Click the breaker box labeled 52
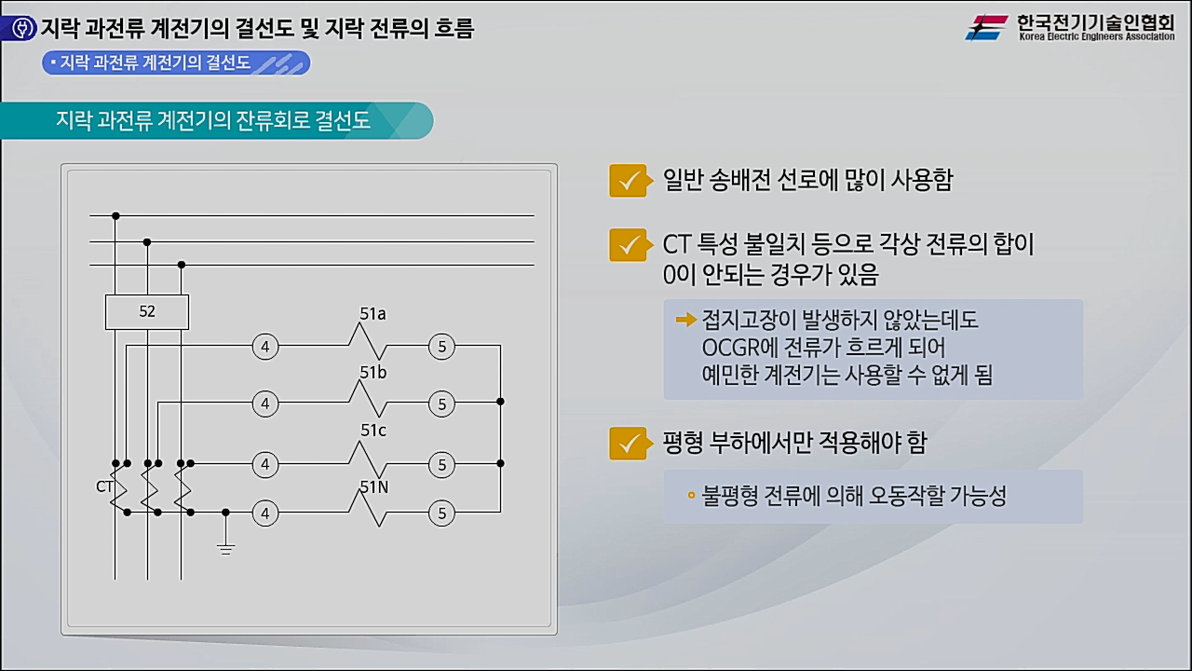147,312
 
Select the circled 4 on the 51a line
265,348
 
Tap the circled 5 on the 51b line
441,404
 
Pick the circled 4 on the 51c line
265,464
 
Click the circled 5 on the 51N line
441,513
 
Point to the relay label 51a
372,314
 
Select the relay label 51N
373,487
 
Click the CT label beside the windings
103,486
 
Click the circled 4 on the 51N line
265,513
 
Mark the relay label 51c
372,431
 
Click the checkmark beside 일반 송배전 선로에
628,180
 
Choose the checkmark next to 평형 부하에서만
628,443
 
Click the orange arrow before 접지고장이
686,321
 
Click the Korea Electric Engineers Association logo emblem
986,27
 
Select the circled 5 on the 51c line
441,464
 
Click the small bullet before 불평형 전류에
691,495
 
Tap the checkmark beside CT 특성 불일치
628,244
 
